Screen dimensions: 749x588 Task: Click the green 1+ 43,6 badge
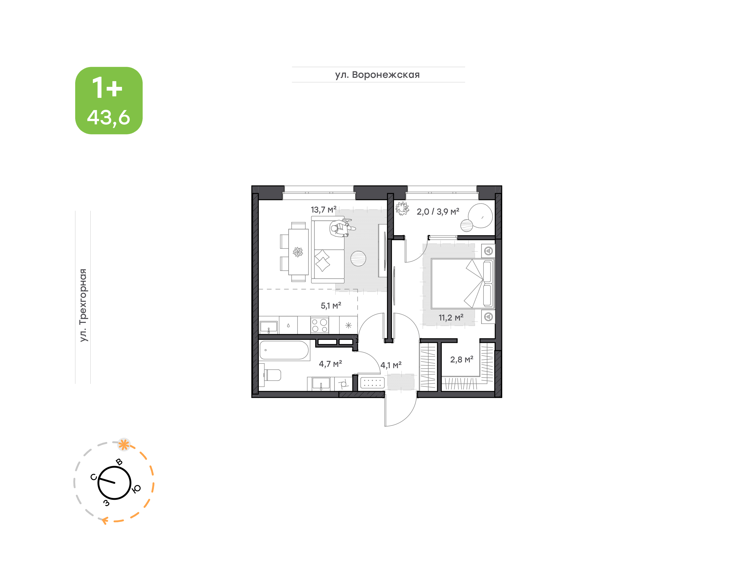tap(109, 100)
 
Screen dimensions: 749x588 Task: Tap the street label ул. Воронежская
tap(377, 75)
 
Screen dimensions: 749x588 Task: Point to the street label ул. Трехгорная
tap(83, 305)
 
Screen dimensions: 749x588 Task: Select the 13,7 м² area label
tap(324, 210)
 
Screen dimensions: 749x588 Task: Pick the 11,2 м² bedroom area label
tap(451, 317)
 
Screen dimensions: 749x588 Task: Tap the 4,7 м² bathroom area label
tap(330, 364)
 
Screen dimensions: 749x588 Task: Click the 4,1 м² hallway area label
tap(391, 365)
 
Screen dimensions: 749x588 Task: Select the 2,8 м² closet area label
tap(462, 360)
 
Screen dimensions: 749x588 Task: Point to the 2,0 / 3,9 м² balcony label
tap(438, 212)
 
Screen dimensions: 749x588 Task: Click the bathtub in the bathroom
tap(284, 350)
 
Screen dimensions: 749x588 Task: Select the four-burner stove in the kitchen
tap(320, 325)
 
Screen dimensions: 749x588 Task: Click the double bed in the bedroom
tap(463, 283)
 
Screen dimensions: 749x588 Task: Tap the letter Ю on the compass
tap(137, 489)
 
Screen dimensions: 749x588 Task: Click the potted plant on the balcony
tap(402, 209)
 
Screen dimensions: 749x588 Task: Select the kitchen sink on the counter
tap(268, 326)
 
